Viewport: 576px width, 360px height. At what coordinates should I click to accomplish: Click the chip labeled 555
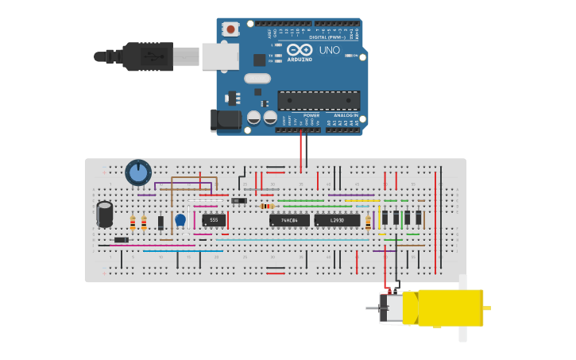214,220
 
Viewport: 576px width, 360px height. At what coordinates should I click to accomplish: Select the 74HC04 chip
289,220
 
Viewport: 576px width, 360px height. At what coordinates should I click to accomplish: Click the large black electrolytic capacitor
105,214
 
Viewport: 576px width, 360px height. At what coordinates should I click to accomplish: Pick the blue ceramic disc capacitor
180,219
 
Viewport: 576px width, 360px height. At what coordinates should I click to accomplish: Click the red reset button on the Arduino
231,29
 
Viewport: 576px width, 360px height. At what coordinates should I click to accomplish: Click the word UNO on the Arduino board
330,50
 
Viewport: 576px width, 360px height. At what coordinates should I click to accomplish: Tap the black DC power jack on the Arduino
226,120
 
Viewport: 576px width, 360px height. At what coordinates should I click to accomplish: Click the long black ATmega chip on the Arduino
319,100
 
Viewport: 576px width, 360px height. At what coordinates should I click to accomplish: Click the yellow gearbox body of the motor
449,308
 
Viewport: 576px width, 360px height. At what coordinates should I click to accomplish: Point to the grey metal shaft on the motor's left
373,308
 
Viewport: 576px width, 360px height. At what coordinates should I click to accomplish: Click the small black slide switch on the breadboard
238,200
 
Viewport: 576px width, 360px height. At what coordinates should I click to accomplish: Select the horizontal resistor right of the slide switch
268,207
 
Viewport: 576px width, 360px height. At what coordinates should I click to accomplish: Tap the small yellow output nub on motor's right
487,308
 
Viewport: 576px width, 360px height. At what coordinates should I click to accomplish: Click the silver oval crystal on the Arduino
257,78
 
